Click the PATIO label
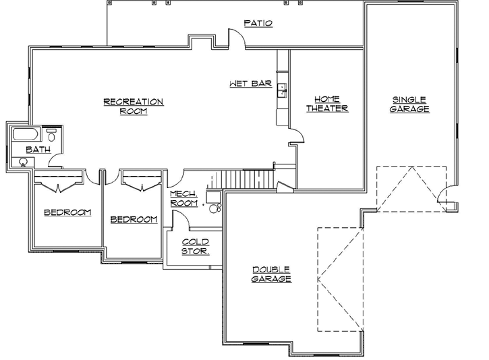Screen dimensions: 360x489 coord(258,23)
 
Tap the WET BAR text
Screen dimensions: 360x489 coord(250,84)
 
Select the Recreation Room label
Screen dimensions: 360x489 coord(133,107)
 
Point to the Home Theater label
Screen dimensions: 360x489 coord(327,103)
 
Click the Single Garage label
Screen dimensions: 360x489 coord(409,104)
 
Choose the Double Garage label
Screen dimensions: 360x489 coord(272,274)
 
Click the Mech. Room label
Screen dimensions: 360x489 coord(183,198)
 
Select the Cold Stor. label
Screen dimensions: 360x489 coord(195,246)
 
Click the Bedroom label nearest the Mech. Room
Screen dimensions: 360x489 coord(134,219)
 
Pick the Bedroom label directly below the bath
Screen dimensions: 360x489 coord(67,212)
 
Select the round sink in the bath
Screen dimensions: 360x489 coord(24,162)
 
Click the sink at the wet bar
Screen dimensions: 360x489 coord(283,88)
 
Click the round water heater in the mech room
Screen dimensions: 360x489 coord(216,208)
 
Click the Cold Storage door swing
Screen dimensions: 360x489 coord(179,219)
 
